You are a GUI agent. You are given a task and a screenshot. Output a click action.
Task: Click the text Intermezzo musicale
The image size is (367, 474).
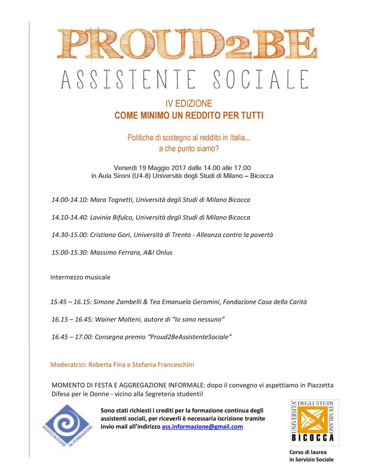[80, 277]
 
